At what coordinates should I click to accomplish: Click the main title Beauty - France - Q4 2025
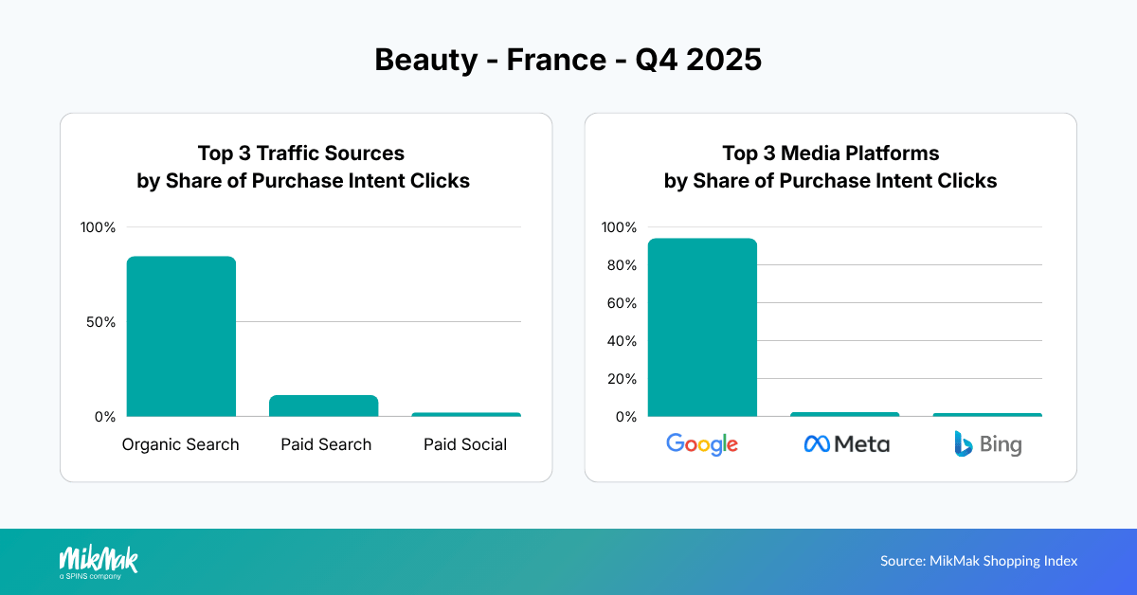pos(568,60)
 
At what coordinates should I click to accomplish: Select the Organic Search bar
pos(181,336)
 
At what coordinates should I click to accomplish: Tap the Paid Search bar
pos(323,406)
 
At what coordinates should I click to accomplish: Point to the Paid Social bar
pos(465,414)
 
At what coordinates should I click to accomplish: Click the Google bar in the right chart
pos(702,328)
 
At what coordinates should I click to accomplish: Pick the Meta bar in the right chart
pos(844,414)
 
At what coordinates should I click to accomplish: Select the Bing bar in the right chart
pos(986,415)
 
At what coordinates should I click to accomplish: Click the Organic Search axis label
pos(181,444)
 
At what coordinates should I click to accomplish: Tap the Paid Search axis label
pos(326,444)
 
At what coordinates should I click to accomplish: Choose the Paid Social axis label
pos(465,444)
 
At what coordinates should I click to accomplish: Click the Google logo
pos(702,443)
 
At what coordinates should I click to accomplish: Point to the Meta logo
pos(846,443)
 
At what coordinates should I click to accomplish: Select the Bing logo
pos(987,443)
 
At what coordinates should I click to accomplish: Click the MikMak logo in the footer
pos(99,561)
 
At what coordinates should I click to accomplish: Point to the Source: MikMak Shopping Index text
pos(979,561)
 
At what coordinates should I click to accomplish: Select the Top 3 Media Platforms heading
pos(830,166)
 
